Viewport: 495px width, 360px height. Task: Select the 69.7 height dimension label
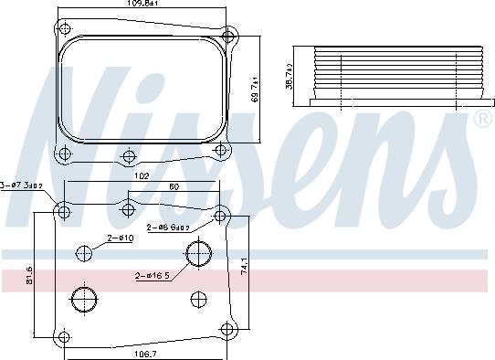[256, 90]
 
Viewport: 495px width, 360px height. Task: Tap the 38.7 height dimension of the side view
[289, 82]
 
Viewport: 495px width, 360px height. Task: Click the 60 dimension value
[174, 187]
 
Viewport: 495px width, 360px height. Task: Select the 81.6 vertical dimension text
[29, 273]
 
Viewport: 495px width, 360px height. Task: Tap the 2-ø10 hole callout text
[120, 238]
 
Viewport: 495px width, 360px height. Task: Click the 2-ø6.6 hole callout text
[169, 227]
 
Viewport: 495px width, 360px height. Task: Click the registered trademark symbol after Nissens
[481, 120]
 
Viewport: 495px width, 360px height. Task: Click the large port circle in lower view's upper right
[198, 253]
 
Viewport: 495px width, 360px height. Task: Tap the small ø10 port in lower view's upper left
[85, 253]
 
